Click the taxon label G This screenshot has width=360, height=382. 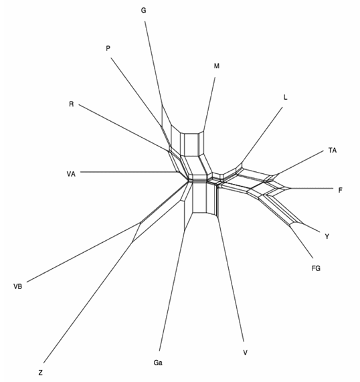144,10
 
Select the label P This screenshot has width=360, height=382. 108,48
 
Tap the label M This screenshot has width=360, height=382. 217,66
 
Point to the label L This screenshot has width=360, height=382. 286,97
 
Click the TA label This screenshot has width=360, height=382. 333,151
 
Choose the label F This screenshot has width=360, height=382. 340,190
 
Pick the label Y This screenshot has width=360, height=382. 327,236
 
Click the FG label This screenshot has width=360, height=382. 316,268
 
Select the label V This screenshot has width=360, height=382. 246,353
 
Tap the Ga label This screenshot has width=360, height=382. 158,363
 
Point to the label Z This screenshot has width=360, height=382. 40,373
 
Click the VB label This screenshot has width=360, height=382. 18,286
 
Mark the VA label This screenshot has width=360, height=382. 71,174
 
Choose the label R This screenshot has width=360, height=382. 71,104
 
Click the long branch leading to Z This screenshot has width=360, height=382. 88,302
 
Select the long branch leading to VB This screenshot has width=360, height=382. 83,253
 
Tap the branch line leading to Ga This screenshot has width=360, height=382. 172,290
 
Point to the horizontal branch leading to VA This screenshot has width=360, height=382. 128,172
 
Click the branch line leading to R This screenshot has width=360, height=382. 124,128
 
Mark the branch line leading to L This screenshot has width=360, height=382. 262,134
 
